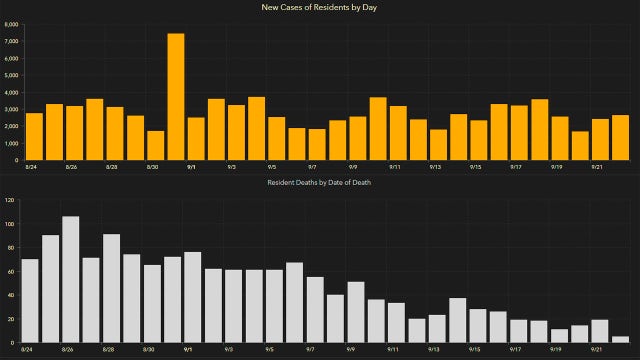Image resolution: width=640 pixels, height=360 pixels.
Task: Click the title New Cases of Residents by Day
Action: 320,8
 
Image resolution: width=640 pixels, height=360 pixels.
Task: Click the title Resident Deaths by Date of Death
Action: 320,184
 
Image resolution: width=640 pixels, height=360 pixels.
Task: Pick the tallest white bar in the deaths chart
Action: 70,279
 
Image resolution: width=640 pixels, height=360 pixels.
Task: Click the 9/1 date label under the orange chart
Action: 190,168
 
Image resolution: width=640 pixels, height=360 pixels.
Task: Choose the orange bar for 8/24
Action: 34,136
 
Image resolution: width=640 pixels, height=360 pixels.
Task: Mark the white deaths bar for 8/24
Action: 30,300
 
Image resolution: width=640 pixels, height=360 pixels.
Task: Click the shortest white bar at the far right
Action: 620,339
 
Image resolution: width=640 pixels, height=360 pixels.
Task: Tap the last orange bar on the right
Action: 620,137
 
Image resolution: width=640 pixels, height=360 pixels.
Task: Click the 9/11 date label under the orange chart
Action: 394,168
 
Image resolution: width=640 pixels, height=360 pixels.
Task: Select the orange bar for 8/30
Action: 155,145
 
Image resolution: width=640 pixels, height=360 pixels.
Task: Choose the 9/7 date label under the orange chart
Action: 312,168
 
